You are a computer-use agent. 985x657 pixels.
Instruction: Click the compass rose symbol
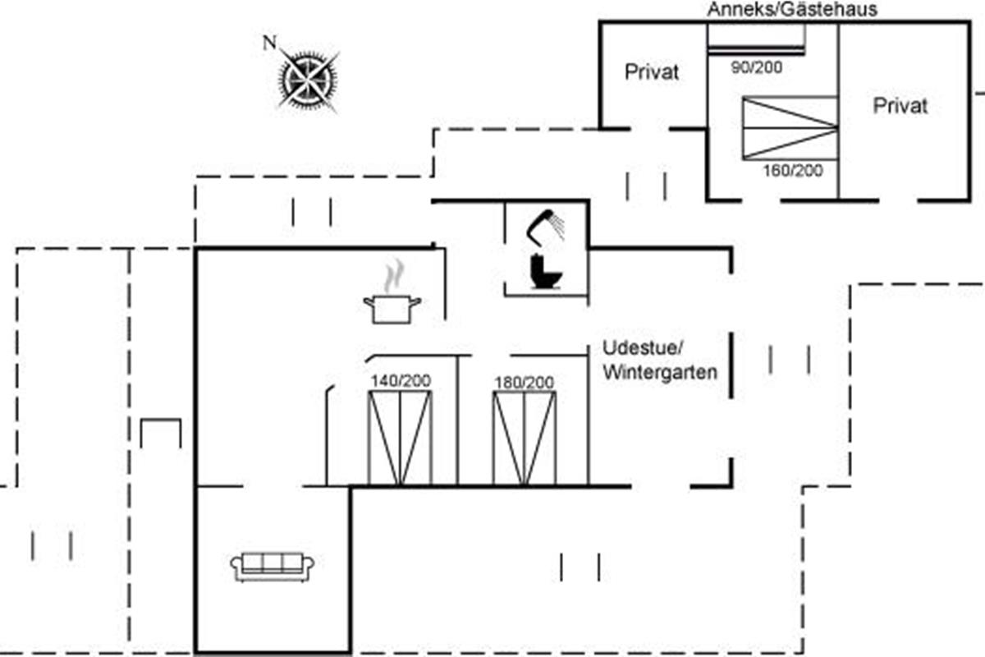pyautogui.click(x=309, y=79)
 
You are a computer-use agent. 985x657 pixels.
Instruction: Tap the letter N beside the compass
pyautogui.click(x=268, y=43)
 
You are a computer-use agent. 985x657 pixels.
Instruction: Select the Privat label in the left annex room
pyautogui.click(x=653, y=72)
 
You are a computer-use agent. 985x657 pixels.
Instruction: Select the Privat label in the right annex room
pyautogui.click(x=900, y=106)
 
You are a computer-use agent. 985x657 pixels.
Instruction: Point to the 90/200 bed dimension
pyautogui.click(x=756, y=67)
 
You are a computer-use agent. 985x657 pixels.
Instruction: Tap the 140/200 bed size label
pyautogui.click(x=401, y=381)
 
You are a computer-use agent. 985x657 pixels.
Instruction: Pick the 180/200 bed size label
pyautogui.click(x=524, y=383)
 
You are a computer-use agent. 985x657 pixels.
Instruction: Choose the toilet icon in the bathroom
pyautogui.click(x=545, y=271)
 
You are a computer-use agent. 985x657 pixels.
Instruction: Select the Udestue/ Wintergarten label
pyautogui.click(x=660, y=359)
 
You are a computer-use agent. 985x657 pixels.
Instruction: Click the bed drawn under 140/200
pyautogui.click(x=400, y=438)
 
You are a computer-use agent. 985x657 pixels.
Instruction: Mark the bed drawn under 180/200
pyautogui.click(x=524, y=438)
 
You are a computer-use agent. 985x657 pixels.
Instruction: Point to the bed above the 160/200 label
pyautogui.click(x=789, y=127)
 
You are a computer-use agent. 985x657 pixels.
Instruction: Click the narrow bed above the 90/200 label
pyautogui.click(x=756, y=39)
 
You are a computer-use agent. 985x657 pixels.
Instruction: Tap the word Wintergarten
pyautogui.click(x=660, y=372)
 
